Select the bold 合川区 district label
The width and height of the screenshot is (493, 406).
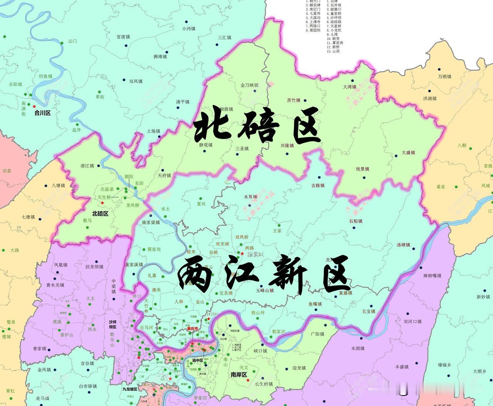click(x=42, y=113)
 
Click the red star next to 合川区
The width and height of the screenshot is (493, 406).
click(x=34, y=106)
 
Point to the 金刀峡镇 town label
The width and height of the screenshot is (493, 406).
click(x=250, y=85)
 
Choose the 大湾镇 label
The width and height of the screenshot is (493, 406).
click(x=350, y=87)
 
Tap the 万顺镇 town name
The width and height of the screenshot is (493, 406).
click(x=445, y=76)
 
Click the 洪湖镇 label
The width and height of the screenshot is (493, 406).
click(x=430, y=98)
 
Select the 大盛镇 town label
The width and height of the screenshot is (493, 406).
click(x=408, y=153)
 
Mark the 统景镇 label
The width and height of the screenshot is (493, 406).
click(x=362, y=169)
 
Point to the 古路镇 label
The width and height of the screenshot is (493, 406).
click(x=318, y=185)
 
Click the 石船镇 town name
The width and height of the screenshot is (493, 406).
click(x=356, y=221)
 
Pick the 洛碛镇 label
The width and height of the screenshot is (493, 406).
click(x=403, y=245)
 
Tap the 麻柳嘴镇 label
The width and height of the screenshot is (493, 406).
click(x=432, y=276)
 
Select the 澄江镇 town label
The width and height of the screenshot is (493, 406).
click(x=87, y=166)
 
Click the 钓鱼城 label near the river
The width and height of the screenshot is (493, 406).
click(x=45, y=76)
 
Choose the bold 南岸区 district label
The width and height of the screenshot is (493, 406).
click(x=239, y=374)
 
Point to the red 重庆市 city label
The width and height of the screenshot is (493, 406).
click(x=193, y=329)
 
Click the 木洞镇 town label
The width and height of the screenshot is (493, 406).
click(x=358, y=348)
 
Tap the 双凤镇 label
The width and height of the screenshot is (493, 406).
click(x=136, y=81)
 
